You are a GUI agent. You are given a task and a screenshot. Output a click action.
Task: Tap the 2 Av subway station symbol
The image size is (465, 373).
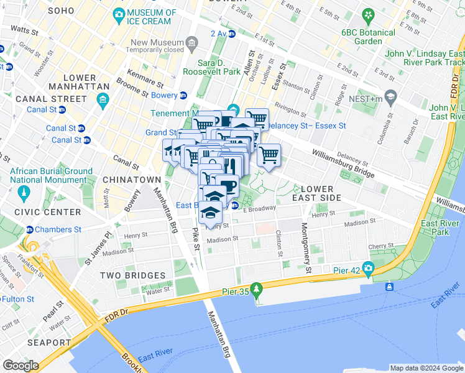click(232, 34)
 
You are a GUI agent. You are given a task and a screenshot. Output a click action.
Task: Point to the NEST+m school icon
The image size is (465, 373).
click(390, 96)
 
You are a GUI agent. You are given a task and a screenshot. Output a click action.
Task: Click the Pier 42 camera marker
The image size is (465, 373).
click(369, 269)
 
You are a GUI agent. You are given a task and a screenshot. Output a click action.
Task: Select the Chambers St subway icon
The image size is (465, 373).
click(30, 229)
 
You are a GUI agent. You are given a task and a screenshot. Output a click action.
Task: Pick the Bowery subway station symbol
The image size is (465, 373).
click(183, 95)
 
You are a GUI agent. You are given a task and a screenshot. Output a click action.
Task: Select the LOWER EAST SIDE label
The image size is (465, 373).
click(321, 193)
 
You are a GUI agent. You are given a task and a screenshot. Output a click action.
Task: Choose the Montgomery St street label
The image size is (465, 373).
click(306, 247)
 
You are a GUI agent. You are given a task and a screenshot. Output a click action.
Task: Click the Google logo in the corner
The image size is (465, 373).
click(21, 366)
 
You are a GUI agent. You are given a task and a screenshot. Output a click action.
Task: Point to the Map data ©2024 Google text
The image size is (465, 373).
click(426, 367)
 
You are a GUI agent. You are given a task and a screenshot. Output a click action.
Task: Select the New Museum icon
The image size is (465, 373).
click(191, 43)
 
